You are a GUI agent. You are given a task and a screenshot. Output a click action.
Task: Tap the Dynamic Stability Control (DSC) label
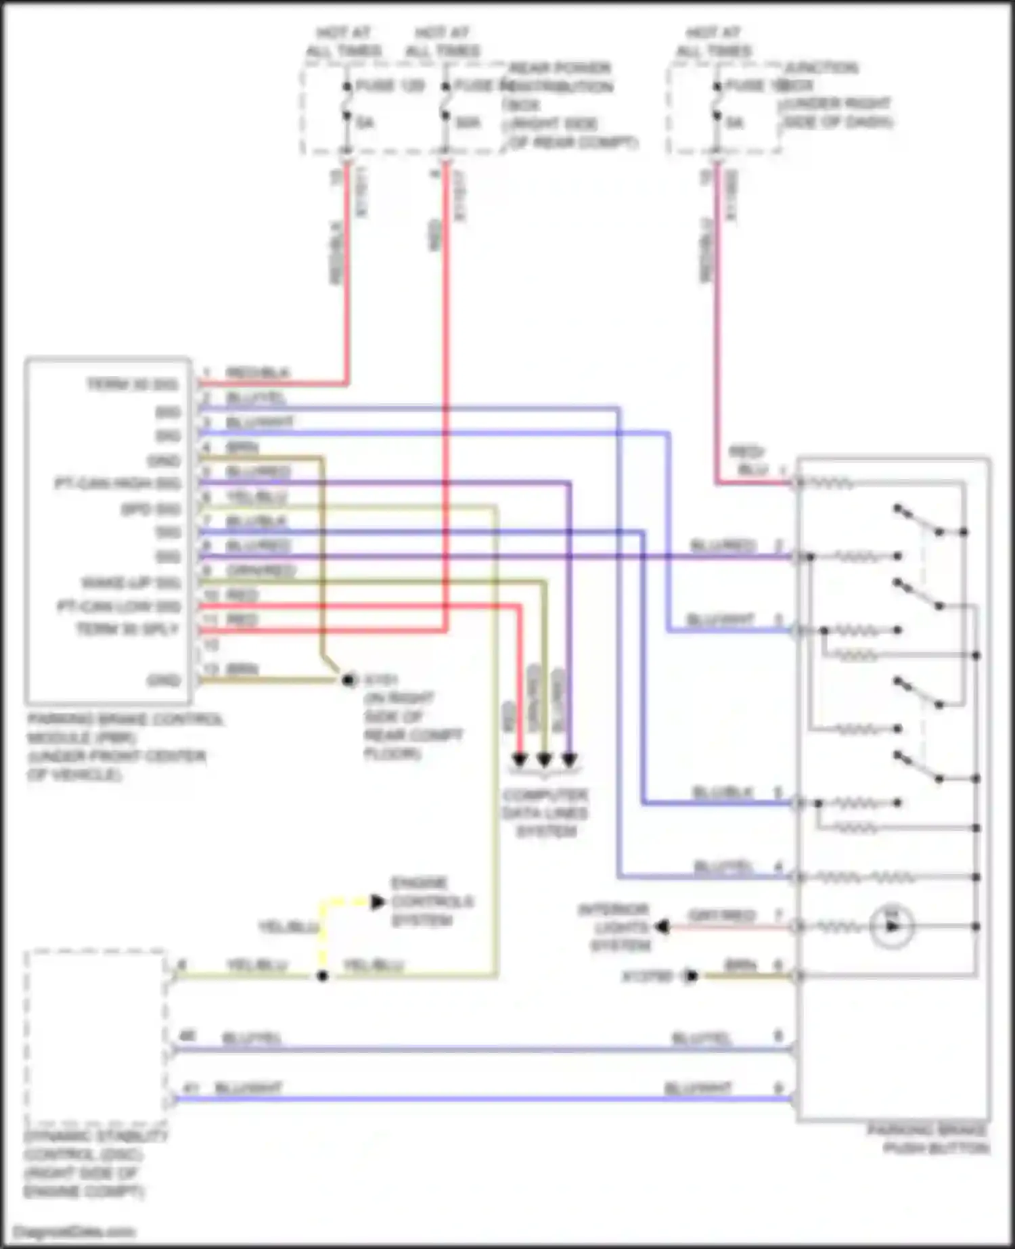coord(95,1164)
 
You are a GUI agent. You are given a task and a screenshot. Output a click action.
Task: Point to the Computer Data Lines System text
coord(545,813)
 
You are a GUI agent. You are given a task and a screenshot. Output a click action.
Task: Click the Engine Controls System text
coord(432,901)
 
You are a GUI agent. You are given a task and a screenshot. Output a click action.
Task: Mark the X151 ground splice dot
coord(348,679)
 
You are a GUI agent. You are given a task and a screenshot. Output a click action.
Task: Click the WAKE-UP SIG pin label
coord(131,583)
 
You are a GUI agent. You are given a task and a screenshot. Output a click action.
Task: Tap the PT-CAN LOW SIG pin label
coord(119,606)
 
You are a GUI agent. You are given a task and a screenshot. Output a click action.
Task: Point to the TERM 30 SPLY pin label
coord(128,630)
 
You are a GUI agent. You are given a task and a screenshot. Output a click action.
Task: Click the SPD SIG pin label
coord(151,509)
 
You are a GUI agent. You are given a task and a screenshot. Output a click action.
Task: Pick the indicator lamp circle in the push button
coord(892,926)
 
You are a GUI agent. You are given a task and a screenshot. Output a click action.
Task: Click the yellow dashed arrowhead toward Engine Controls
coord(377,901)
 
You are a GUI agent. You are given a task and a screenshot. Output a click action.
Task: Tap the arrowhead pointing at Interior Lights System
coord(662,927)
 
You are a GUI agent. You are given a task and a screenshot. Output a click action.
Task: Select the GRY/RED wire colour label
coord(721,916)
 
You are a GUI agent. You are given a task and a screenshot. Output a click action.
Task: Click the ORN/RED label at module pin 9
coord(261,571)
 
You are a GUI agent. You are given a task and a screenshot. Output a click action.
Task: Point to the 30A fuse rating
coord(468,123)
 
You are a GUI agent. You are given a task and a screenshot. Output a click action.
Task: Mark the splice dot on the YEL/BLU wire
coord(323,976)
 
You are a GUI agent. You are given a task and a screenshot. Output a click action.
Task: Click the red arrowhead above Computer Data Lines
coord(519,759)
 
